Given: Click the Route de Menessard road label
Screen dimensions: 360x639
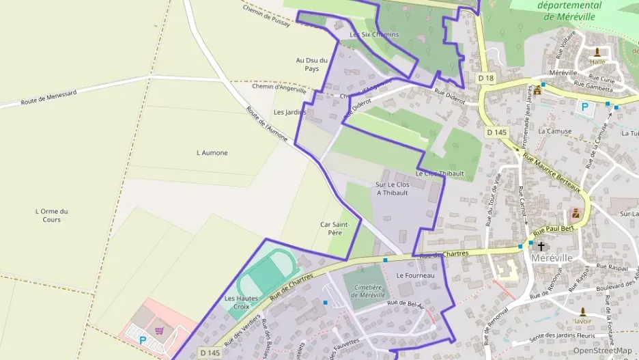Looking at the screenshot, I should (x=48, y=97).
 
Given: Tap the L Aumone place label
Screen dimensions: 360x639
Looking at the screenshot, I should (x=212, y=152).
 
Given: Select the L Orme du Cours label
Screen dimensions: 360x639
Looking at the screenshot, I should (x=51, y=215).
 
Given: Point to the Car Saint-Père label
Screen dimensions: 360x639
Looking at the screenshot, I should (x=335, y=228).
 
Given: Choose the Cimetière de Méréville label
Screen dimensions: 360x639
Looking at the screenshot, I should (x=369, y=292).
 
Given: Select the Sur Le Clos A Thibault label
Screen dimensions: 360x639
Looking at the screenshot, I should (x=392, y=189).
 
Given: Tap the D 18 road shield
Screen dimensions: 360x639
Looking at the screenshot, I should (x=485, y=79).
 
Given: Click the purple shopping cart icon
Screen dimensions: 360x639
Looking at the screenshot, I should (x=159, y=331).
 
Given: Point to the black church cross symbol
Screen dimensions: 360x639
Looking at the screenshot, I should (x=541, y=246).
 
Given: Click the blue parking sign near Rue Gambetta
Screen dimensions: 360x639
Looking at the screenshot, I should (x=584, y=107).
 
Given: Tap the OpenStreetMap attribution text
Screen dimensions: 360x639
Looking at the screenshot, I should (x=602, y=350).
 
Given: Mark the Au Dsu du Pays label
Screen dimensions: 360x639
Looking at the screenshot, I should (x=311, y=64).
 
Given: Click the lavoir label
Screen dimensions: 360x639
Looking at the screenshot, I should (x=582, y=320).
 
